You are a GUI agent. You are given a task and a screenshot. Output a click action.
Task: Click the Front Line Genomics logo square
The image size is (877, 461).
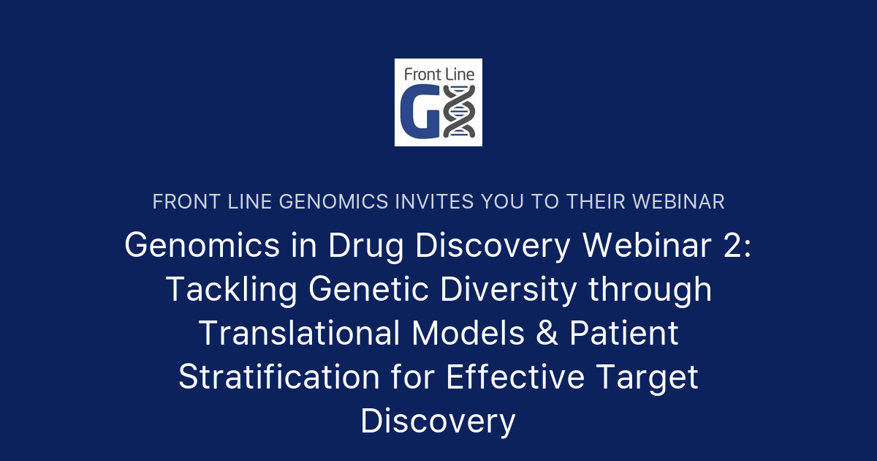click(438, 102)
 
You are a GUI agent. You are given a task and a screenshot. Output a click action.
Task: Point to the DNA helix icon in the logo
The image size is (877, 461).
click(460, 111)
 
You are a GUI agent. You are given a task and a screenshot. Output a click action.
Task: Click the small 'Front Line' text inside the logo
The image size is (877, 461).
click(438, 73)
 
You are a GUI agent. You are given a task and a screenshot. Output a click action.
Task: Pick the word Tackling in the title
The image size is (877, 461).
click(231, 290)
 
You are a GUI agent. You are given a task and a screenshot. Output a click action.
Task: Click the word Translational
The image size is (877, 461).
click(298, 334)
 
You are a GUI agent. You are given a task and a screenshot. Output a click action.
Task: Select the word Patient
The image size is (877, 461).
click(624, 334)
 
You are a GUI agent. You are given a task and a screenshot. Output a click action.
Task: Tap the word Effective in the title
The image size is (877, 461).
click(515, 378)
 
